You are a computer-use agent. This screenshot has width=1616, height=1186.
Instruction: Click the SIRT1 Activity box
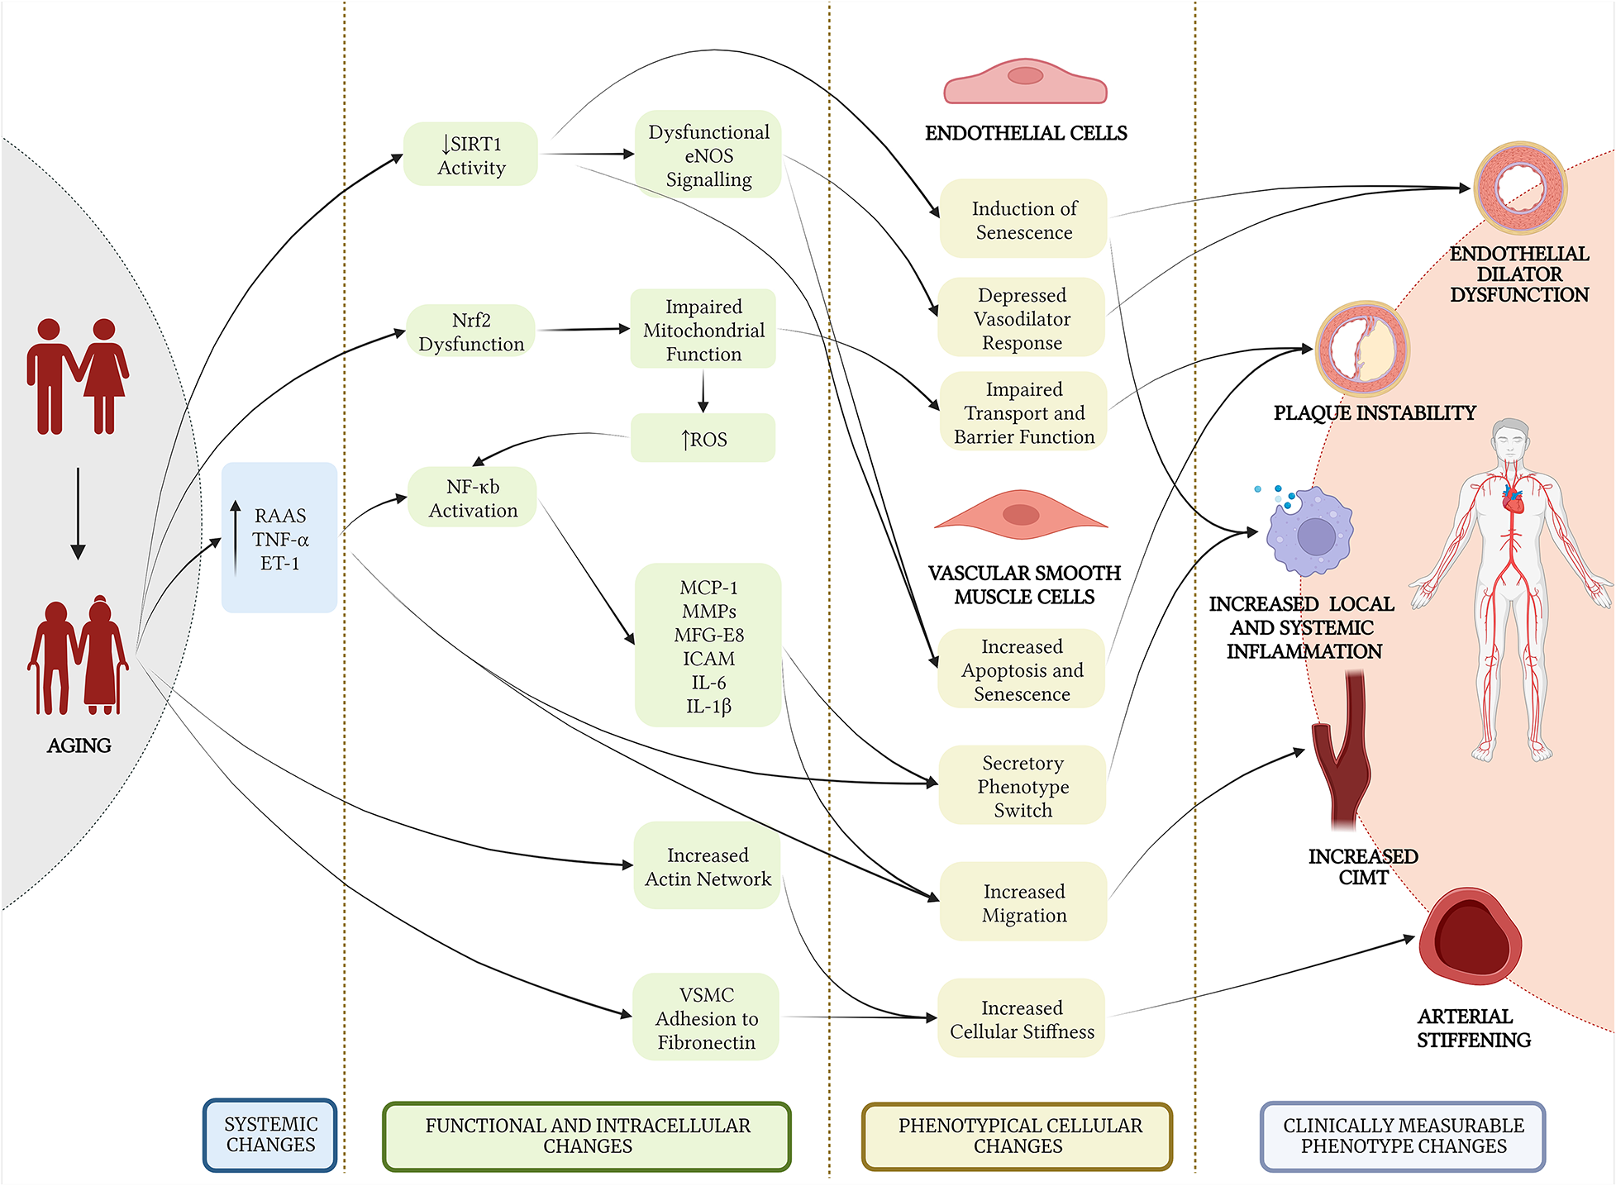pyautogui.click(x=470, y=155)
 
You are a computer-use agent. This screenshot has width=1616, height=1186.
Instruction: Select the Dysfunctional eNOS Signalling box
pyautogui.click(x=708, y=155)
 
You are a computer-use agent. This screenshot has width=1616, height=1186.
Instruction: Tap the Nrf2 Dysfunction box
pyautogui.click(x=471, y=331)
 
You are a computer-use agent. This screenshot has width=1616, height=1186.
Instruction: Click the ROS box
pyautogui.click(x=703, y=439)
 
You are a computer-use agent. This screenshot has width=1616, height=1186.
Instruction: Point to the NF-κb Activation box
pyautogui.click(x=473, y=498)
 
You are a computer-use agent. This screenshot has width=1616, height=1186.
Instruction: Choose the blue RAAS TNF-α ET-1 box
pyautogui.click(x=279, y=538)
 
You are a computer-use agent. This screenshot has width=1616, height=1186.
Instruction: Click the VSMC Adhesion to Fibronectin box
pyautogui.click(x=706, y=1017)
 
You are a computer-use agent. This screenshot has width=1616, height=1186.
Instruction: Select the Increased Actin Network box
pyautogui.click(x=708, y=866)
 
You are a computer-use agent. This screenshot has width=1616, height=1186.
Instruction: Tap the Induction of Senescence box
pyautogui.click(x=1023, y=220)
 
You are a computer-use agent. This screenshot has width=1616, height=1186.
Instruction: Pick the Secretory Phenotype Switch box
pyautogui.click(x=1023, y=786)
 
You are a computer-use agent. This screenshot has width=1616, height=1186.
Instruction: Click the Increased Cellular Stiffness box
pyautogui.click(x=1022, y=1019)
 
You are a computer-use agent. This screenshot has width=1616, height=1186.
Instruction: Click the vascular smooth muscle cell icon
pyautogui.click(x=1021, y=514)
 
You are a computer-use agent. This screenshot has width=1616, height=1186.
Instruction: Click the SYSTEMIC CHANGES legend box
pyautogui.click(x=270, y=1135)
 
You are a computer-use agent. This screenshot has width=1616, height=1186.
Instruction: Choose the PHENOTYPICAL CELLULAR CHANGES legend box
pyautogui.click(x=1018, y=1136)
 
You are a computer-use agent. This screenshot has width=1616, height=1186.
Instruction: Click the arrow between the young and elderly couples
pyautogui.click(x=78, y=512)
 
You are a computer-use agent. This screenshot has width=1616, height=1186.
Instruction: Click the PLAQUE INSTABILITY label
pyautogui.click(x=1374, y=412)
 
